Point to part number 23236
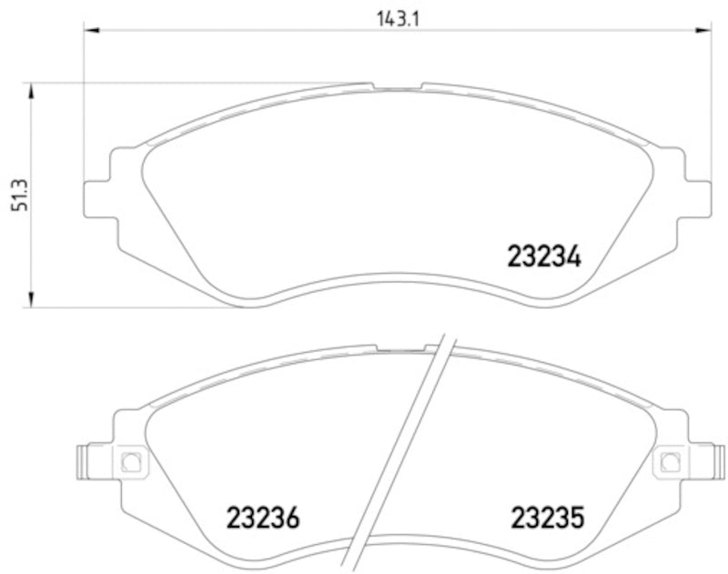[x=262, y=520]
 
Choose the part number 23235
[x=543, y=520]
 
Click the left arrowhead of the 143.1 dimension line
[x=92, y=31]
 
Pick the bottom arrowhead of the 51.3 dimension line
[x=33, y=300]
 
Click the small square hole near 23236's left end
[x=129, y=460]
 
